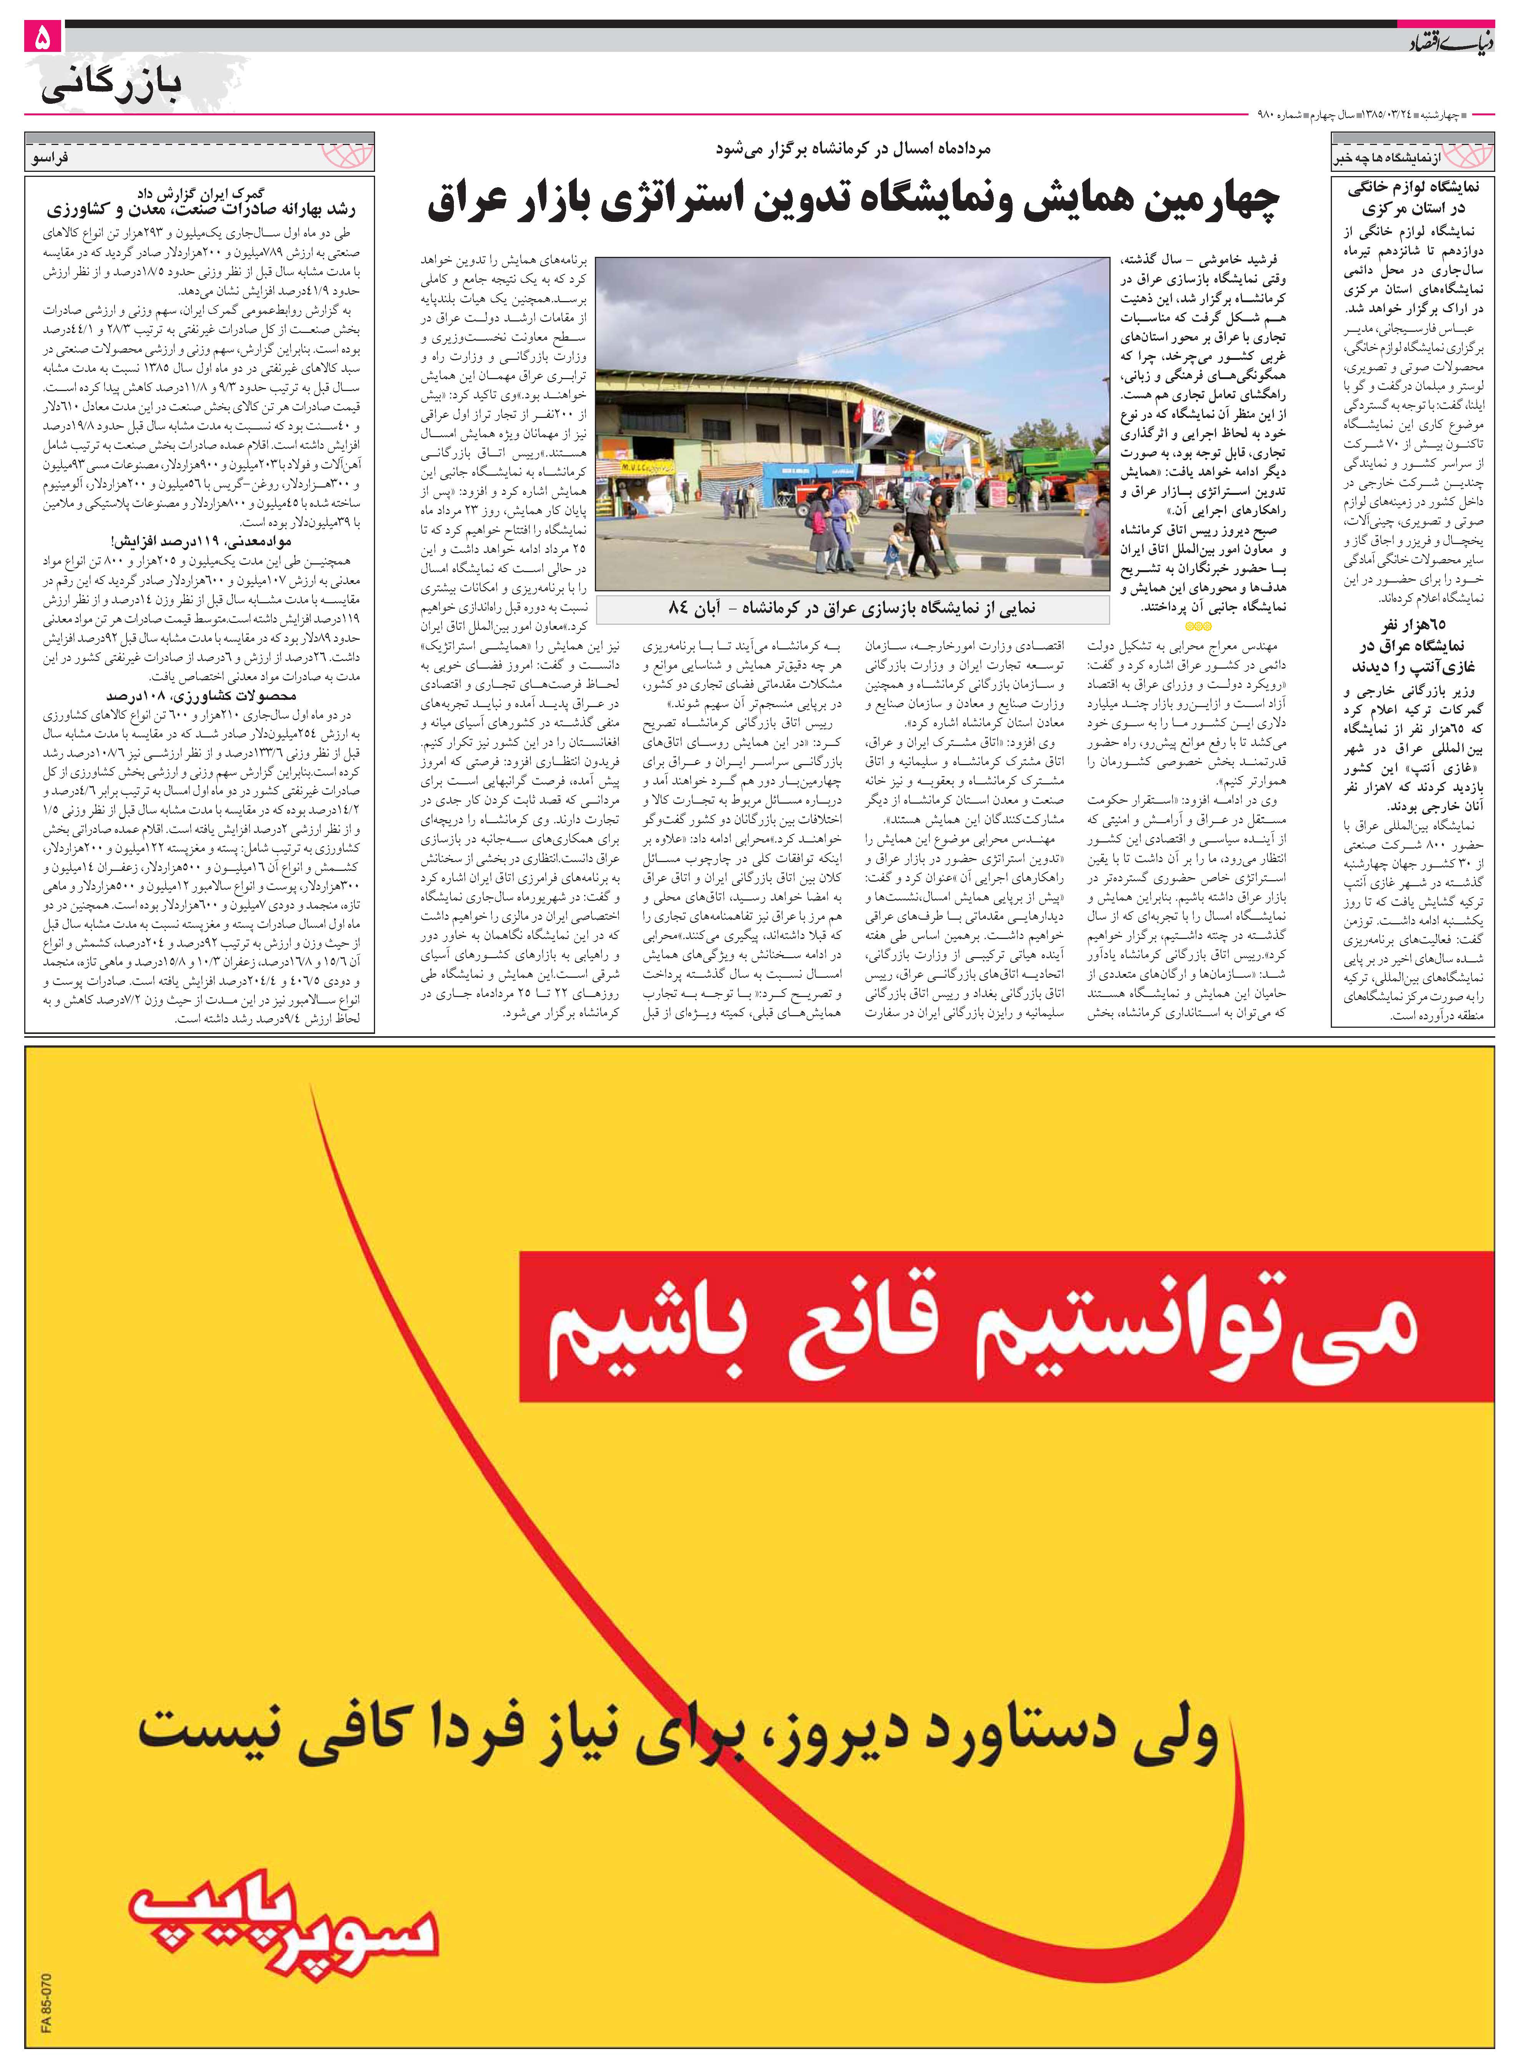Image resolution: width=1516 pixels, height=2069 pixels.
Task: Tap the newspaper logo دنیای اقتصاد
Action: click(1450, 41)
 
